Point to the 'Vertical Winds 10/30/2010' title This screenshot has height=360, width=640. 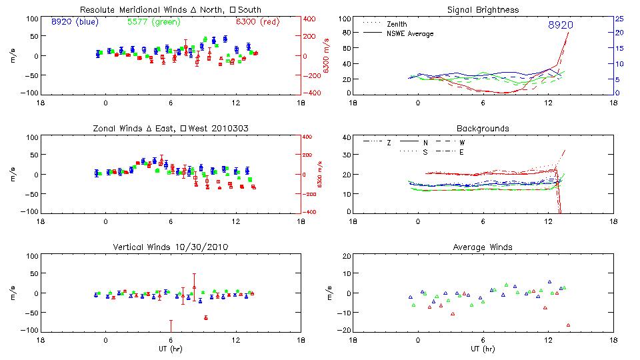(x=171, y=247)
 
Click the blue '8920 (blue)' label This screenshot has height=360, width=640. (x=75, y=21)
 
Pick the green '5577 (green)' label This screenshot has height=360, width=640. (x=153, y=21)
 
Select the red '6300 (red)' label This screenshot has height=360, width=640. (x=256, y=21)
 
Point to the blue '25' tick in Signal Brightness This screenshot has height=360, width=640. (x=619, y=19)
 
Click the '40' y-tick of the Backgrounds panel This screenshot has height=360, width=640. (x=346, y=138)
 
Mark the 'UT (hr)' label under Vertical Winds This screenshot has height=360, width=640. (x=171, y=349)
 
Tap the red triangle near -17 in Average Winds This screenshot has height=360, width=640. (x=569, y=325)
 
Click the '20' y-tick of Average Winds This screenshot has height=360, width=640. (x=346, y=257)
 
